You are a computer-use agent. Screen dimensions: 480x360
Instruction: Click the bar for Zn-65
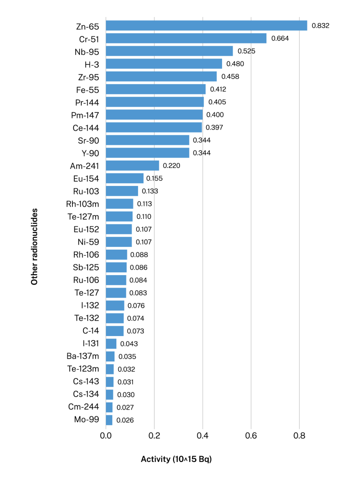click(x=206, y=26)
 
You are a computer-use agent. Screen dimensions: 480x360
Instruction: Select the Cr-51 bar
click(x=186, y=38)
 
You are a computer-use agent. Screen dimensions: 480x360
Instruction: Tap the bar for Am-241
click(x=132, y=166)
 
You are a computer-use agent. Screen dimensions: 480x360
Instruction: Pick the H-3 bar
click(x=164, y=64)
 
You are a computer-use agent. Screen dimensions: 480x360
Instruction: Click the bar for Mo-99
click(x=109, y=420)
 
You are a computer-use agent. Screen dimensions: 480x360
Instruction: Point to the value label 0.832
click(x=320, y=26)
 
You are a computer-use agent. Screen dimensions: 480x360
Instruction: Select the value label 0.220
click(x=172, y=166)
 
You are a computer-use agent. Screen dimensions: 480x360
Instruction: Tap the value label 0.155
click(x=155, y=178)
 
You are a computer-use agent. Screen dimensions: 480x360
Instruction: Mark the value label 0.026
click(x=125, y=420)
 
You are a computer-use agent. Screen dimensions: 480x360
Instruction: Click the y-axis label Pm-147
click(x=85, y=115)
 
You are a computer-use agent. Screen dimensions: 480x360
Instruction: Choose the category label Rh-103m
click(x=83, y=204)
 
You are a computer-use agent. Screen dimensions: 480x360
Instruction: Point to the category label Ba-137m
click(x=83, y=356)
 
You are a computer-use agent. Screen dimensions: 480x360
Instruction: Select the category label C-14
click(x=91, y=331)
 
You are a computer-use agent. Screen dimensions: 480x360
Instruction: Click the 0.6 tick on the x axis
click(x=251, y=435)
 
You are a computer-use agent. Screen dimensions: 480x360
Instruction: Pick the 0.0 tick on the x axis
click(x=106, y=435)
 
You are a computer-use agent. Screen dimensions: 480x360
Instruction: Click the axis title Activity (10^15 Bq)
click(x=176, y=460)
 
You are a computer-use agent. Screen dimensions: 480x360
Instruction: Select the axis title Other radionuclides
click(x=35, y=246)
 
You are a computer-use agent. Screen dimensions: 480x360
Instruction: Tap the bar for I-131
click(x=111, y=344)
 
